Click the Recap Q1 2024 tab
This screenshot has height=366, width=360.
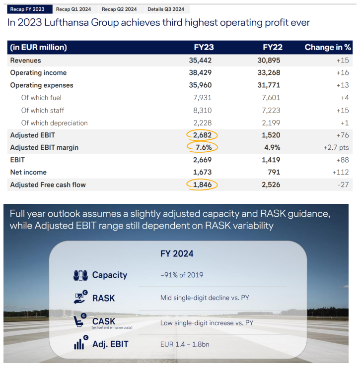pos(73,9)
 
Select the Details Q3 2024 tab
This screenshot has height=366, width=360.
pos(166,9)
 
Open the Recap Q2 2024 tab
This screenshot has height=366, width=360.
pos(119,9)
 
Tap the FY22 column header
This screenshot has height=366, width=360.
pos(273,48)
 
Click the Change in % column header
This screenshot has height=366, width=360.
pos(328,48)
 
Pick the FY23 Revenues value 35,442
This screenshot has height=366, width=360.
pos(200,61)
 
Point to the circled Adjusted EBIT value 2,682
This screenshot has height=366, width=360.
pos(202,135)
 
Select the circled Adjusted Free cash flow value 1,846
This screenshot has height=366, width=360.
pos(202,185)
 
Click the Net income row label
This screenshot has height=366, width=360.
pos(28,172)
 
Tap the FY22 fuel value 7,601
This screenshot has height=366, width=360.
pos(271,98)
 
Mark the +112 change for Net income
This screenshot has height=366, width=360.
pos(341,172)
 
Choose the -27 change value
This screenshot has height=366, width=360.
pos(343,185)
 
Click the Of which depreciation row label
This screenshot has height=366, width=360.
pos(55,123)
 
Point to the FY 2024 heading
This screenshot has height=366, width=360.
pos(177,254)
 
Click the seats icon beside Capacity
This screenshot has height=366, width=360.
pos(80,275)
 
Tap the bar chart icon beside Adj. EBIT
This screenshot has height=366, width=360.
pos(81,342)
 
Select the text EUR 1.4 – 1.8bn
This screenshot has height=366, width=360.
pos(185,344)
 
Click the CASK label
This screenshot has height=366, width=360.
pos(104,321)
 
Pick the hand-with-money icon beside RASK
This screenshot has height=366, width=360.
pos(80,297)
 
